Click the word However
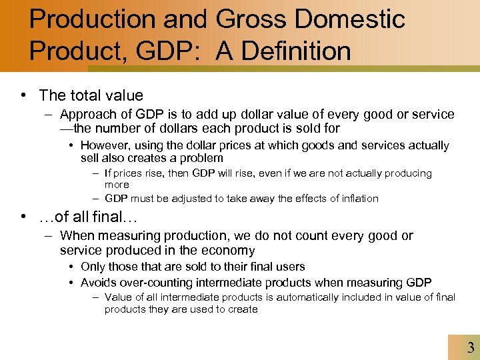[105, 145]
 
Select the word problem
[197, 158]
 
